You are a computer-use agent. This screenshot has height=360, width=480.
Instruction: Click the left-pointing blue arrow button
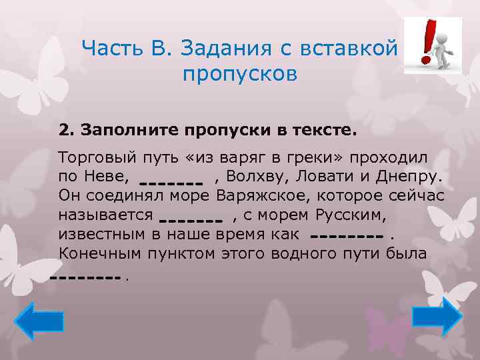[39, 321]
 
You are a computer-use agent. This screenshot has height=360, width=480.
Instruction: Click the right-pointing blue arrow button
[437, 315]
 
